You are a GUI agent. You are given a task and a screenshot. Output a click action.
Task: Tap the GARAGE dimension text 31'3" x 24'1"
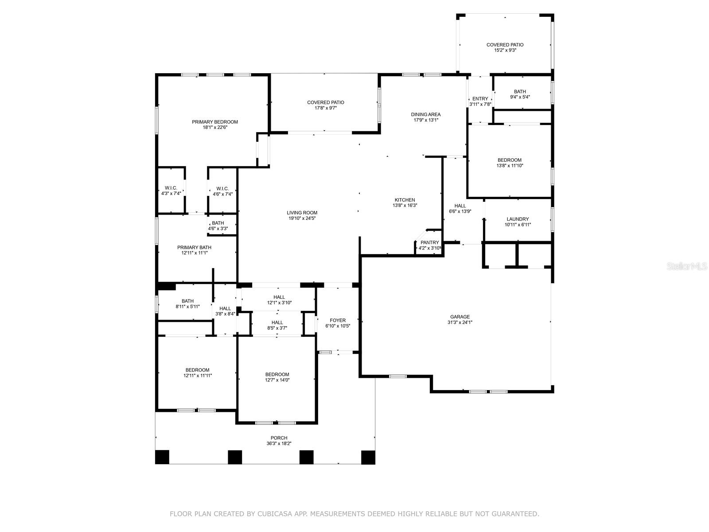coord(460,323)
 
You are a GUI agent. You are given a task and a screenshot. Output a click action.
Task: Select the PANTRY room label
coord(429,243)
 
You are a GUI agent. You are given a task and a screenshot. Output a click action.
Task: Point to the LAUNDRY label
coord(518,219)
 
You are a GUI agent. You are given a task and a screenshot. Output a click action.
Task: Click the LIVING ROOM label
coord(302,213)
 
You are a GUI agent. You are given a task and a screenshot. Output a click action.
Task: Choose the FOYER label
coord(338,321)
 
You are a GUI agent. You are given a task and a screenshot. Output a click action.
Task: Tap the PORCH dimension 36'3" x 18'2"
coord(279,443)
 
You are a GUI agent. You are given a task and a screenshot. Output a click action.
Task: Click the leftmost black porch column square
coord(162,457)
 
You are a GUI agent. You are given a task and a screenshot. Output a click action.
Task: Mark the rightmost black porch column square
coord(368,457)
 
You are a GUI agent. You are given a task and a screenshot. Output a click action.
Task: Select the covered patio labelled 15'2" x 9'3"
coord(505,47)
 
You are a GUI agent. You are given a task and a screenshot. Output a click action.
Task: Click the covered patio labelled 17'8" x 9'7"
coord(325,105)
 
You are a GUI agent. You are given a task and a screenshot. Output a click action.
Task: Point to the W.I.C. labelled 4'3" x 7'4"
coord(171,191)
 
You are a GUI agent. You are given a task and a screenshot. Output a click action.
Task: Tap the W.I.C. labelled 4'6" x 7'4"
coord(222,191)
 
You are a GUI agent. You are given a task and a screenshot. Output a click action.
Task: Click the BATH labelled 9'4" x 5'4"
coord(520,94)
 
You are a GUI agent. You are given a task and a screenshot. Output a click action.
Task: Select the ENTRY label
coord(480,99)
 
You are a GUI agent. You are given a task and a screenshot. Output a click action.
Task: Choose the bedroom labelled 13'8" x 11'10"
coord(509,163)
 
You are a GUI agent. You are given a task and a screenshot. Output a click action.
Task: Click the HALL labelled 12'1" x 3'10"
coord(279,300)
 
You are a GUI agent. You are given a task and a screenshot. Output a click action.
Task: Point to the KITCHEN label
coord(405,200)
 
